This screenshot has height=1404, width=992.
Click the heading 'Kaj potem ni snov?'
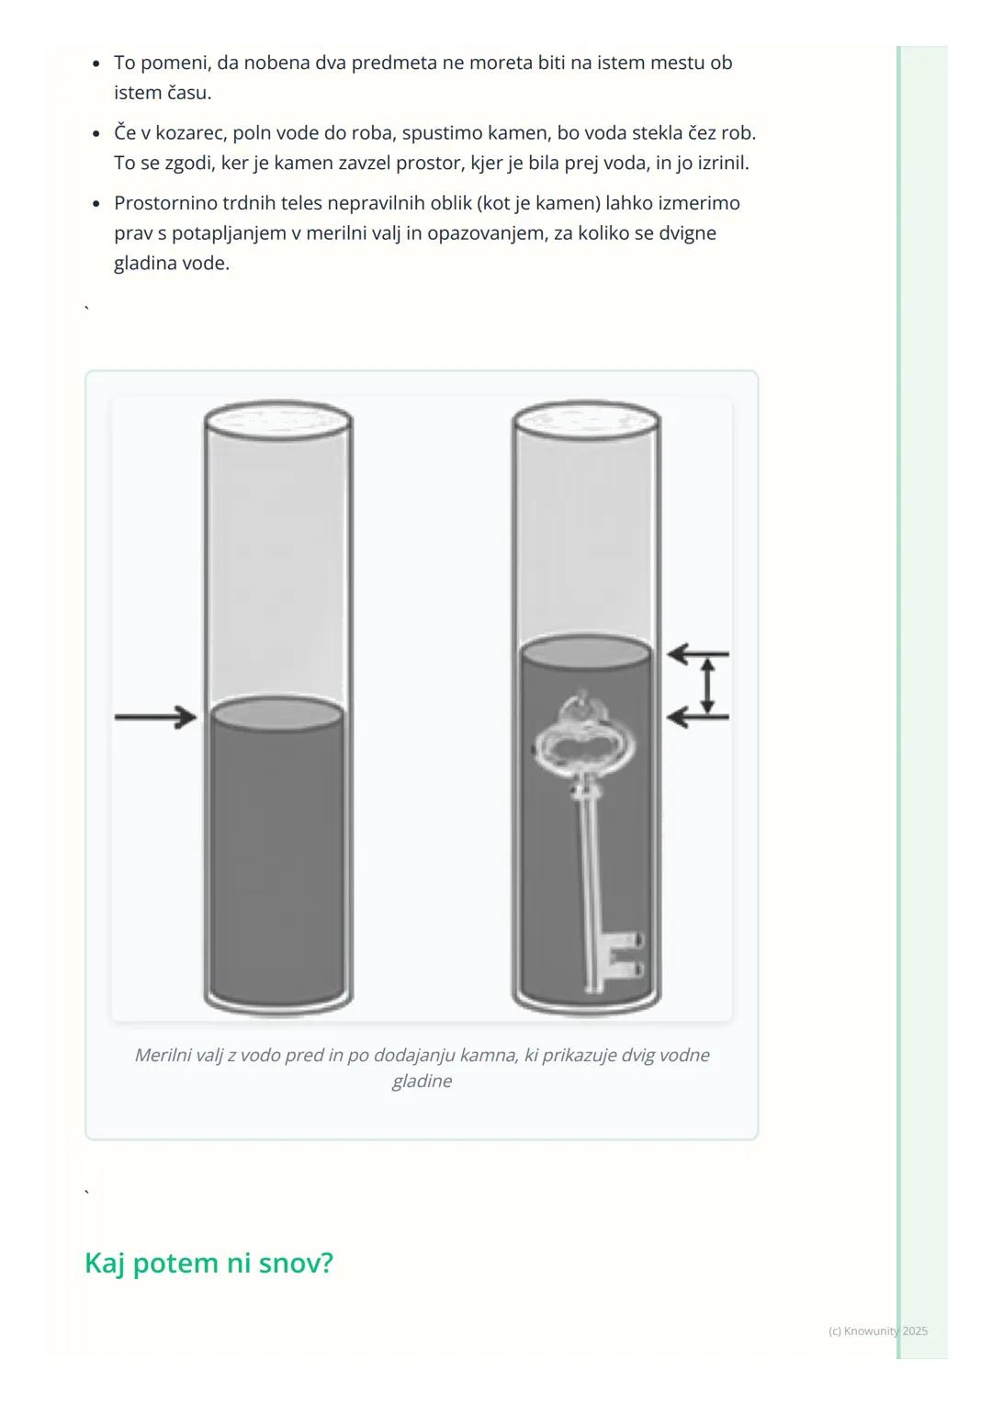coord(209,1262)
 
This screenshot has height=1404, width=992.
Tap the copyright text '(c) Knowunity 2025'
coord(877,1330)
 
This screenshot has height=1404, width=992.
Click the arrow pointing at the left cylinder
coord(155,717)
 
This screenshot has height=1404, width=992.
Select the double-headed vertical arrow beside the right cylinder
coord(707,685)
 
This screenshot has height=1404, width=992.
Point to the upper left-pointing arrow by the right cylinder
coord(697,653)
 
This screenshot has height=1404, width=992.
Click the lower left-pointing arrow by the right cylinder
coord(697,717)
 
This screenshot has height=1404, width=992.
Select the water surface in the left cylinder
coord(277,714)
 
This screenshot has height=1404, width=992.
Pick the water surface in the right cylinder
coord(585,652)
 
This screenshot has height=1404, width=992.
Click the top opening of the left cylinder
coord(277,421)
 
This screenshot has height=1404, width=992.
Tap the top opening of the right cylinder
coord(586,421)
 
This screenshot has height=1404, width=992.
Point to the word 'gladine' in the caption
coord(422,1080)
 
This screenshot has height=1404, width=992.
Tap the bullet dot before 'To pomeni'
coord(96,63)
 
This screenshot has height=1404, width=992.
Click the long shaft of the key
coord(589,877)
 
